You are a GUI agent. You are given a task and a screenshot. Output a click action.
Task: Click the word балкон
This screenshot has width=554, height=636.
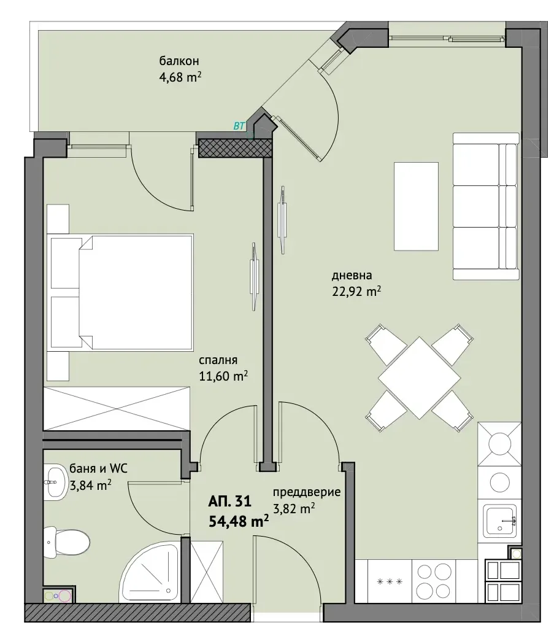click(179, 61)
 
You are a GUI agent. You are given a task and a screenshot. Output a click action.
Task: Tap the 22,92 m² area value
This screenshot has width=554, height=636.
click(356, 291)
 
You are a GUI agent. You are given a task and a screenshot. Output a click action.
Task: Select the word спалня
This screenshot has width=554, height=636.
click(218, 360)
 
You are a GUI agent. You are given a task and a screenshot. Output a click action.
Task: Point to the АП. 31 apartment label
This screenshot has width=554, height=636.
click(230, 502)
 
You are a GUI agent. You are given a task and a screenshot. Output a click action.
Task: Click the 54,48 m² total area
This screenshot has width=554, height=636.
click(239, 521)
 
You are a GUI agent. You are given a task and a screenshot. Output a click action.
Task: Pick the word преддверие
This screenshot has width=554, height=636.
click(306, 493)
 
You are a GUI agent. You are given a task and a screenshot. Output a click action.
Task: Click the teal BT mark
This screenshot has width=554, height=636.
click(239, 126)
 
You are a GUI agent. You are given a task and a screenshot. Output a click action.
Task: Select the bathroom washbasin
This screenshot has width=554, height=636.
click(56, 482)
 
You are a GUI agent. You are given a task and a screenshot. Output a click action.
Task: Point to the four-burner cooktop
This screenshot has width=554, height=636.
click(434, 581)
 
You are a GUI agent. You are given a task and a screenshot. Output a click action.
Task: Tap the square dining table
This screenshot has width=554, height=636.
click(420, 378)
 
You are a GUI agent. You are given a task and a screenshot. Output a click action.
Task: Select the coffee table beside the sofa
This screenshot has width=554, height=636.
click(416, 206)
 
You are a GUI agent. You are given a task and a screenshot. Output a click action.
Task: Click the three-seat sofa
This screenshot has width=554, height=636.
click(486, 206)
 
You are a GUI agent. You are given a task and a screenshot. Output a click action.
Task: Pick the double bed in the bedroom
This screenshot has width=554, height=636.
click(120, 292)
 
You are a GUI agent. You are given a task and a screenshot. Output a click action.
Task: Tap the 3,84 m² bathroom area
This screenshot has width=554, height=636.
click(91, 485)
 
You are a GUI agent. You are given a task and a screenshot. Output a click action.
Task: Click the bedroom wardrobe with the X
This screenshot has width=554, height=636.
click(117, 408)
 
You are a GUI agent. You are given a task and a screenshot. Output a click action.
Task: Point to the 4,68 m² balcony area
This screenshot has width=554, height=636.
click(180, 77)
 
